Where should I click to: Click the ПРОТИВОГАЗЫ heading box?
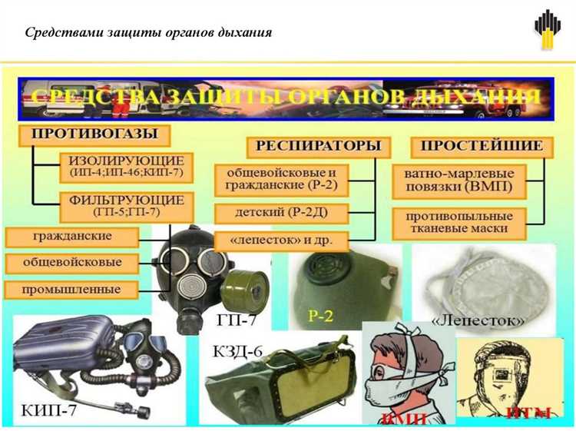point(94,134)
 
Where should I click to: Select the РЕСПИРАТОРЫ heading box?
point(318,145)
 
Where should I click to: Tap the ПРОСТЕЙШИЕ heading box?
point(482,145)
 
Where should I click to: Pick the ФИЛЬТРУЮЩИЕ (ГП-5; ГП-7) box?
point(127,204)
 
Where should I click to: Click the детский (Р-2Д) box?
point(282,211)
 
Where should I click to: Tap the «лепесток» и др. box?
point(282,239)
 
